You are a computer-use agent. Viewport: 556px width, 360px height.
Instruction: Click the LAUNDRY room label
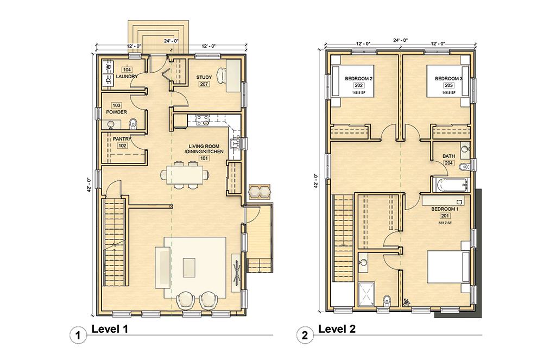126,77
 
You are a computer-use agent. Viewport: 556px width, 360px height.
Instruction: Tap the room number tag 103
116,105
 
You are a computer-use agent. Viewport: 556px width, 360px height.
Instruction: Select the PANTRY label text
122,139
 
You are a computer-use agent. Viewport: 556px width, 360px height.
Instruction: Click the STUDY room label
204,78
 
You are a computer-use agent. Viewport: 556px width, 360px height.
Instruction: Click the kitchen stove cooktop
203,119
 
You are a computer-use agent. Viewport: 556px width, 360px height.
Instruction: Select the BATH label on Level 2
448,156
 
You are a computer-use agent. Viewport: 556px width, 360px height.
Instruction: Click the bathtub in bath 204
450,185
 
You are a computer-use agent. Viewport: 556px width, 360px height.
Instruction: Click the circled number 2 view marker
305,336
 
